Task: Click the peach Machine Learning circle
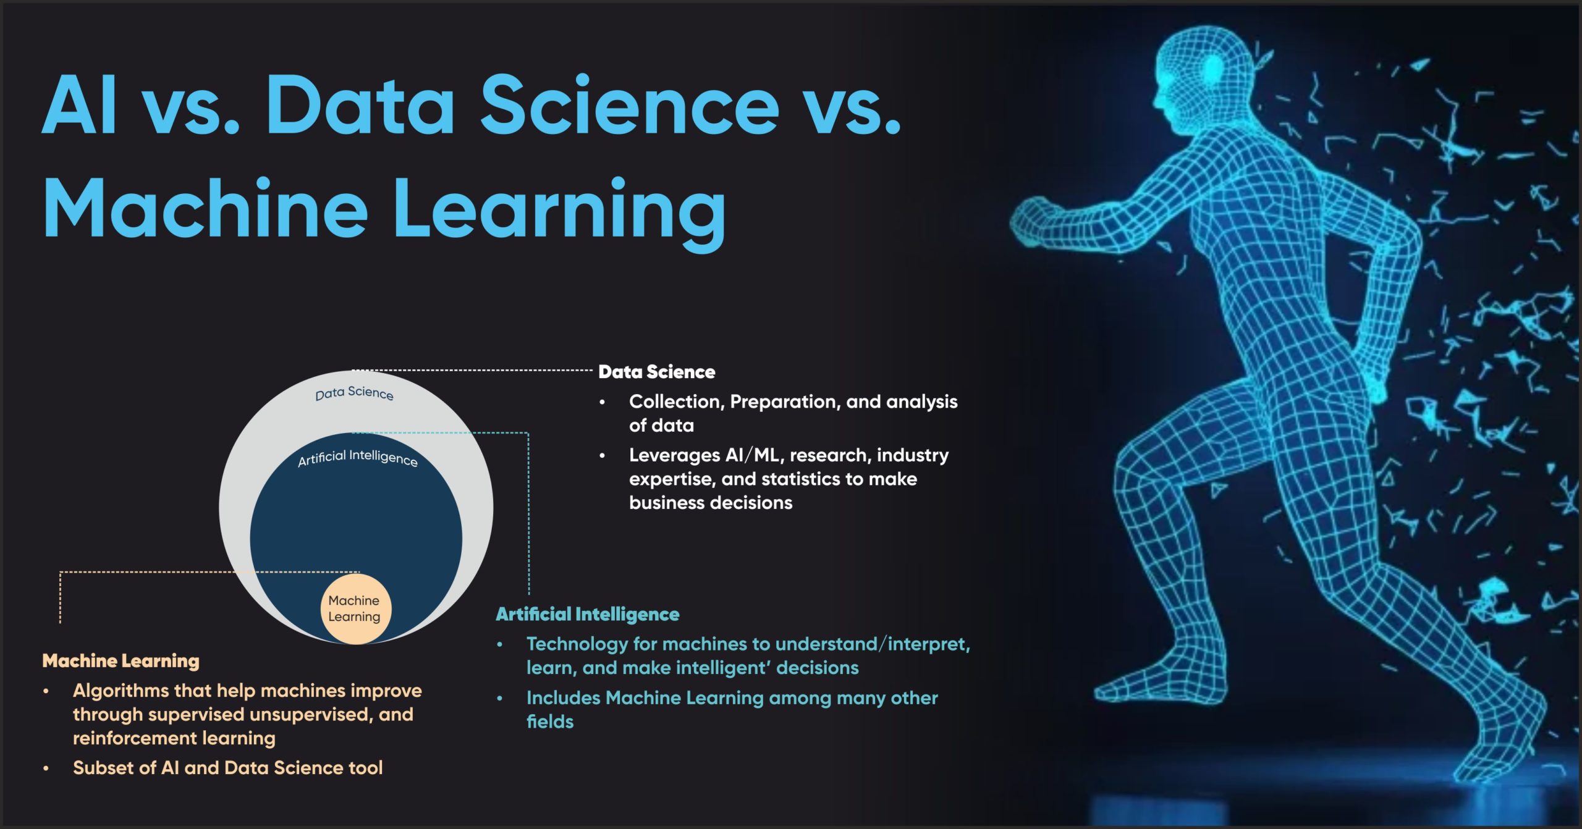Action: [x=355, y=609]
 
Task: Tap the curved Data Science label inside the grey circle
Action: [x=354, y=393]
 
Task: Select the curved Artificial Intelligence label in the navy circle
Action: [x=358, y=458]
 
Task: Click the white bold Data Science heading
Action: [x=657, y=372]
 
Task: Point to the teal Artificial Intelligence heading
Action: [x=588, y=614]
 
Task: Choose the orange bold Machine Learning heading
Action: [x=121, y=661]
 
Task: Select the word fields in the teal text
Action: [x=550, y=722]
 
